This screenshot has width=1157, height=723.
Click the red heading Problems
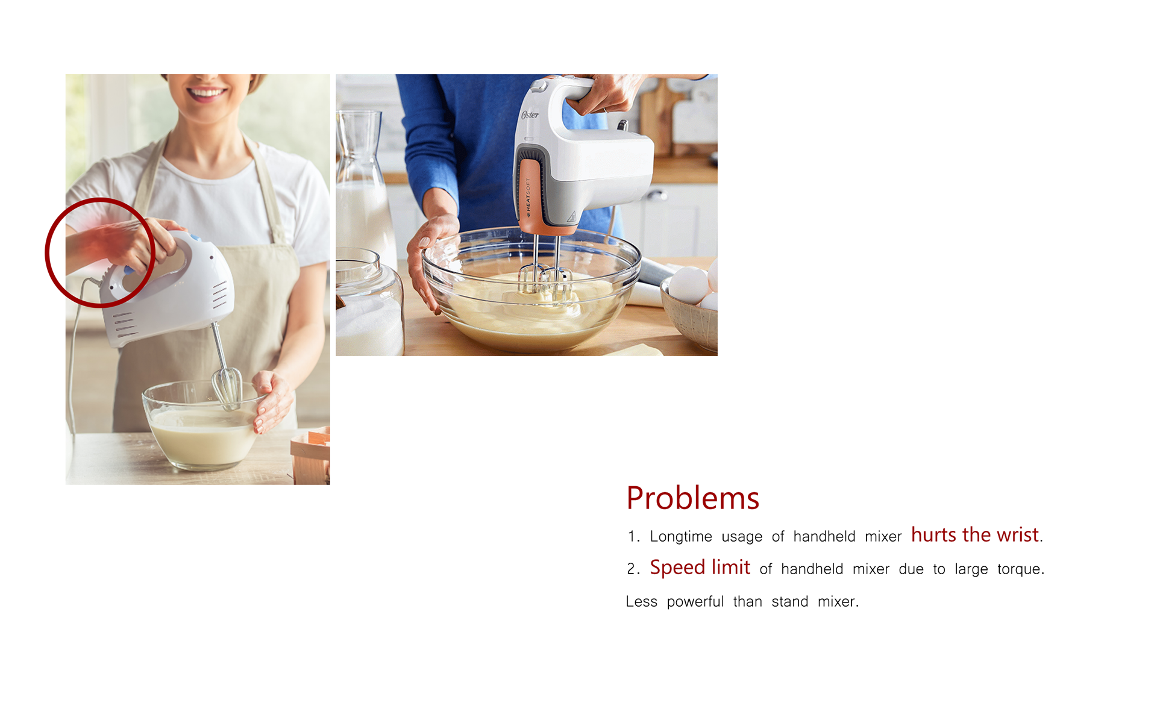pos(692,498)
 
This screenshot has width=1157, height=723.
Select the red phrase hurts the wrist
pos(975,535)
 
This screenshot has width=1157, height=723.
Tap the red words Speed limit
pos(700,568)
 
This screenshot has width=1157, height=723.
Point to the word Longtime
pos(681,536)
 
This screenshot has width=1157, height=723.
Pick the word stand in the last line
pos(790,601)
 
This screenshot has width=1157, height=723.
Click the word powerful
pos(695,601)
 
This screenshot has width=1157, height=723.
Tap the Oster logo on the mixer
pos(530,114)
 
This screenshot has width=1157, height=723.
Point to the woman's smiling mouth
pos(206,93)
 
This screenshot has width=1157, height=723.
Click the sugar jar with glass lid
pos(369,302)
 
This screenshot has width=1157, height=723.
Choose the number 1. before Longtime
pos(633,536)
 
